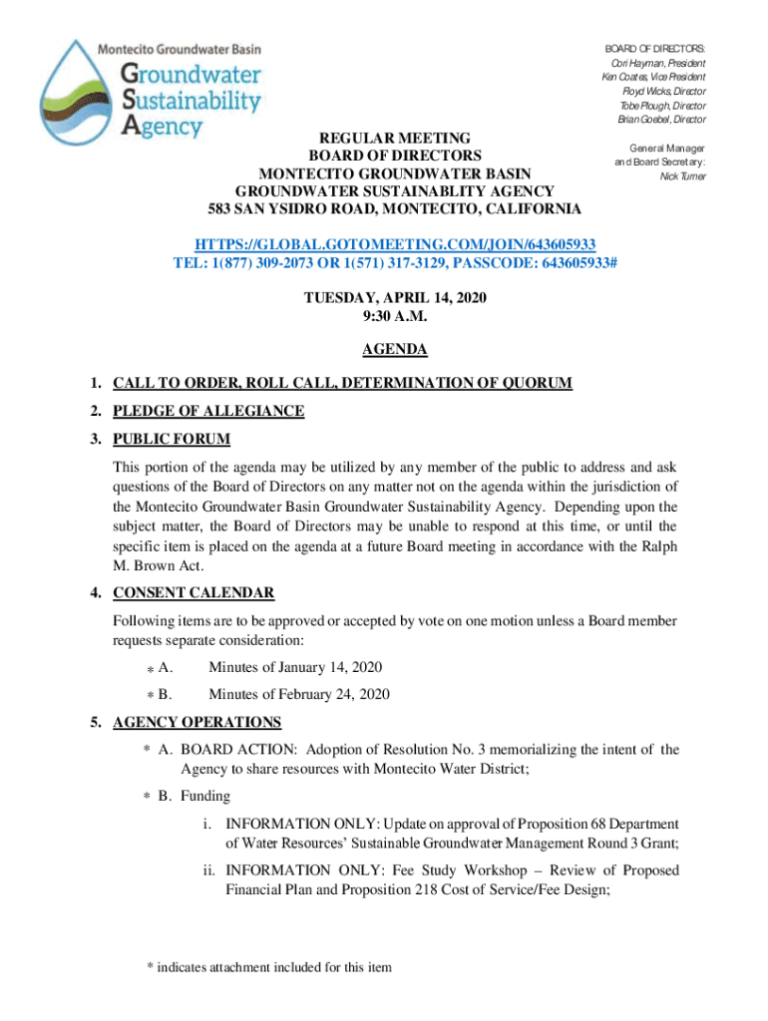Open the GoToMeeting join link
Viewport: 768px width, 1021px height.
click(x=395, y=244)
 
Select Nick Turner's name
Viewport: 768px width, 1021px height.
click(x=682, y=176)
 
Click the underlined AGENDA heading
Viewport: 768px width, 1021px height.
click(x=395, y=350)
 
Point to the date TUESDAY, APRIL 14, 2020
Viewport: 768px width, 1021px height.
click(x=395, y=297)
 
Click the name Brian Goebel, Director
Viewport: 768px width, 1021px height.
click(x=661, y=120)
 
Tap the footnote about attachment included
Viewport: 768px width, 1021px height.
click(x=269, y=966)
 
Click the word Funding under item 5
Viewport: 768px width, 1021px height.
click(x=205, y=796)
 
